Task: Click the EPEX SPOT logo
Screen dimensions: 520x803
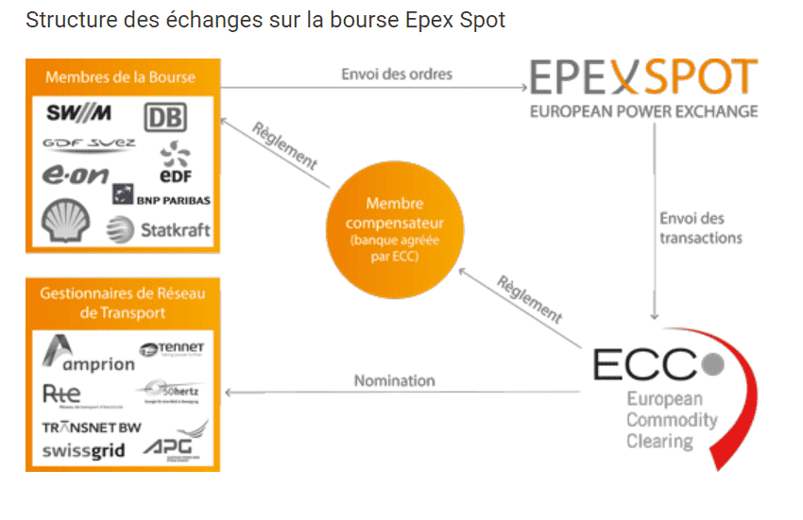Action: [643, 78]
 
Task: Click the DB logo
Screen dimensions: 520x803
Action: [164, 118]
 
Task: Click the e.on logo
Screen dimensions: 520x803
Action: [76, 175]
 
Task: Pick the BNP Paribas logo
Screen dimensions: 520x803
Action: [162, 197]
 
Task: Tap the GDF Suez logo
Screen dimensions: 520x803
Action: [89, 144]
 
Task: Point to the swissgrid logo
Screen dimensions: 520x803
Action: [83, 451]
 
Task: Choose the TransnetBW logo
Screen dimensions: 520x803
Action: [92, 427]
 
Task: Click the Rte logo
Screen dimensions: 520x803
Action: [62, 394]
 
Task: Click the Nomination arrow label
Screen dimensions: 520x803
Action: [394, 380]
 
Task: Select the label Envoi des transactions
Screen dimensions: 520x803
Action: [700, 228]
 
